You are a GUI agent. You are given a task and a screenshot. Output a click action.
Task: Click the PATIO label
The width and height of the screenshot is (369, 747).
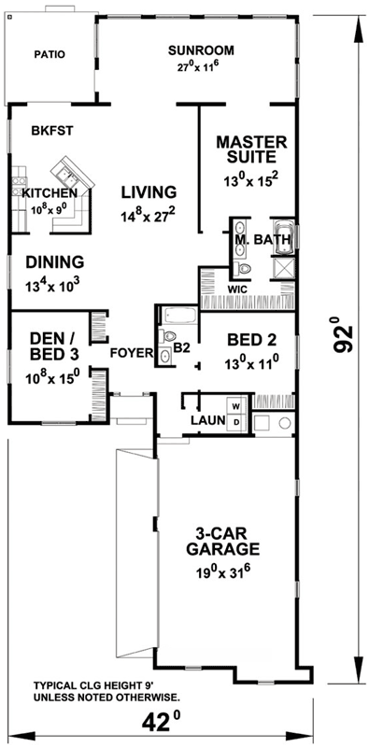(x=50, y=55)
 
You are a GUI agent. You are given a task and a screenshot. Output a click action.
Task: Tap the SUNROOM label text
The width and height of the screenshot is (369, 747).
(x=200, y=50)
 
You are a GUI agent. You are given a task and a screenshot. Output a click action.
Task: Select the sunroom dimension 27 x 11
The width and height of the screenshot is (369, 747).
(x=200, y=67)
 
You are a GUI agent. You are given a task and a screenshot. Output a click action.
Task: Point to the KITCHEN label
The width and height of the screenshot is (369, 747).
(x=43, y=192)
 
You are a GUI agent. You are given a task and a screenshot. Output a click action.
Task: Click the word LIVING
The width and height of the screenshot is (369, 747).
(x=149, y=192)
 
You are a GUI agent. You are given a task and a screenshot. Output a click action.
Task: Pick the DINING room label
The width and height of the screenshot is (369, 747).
(x=55, y=262)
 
